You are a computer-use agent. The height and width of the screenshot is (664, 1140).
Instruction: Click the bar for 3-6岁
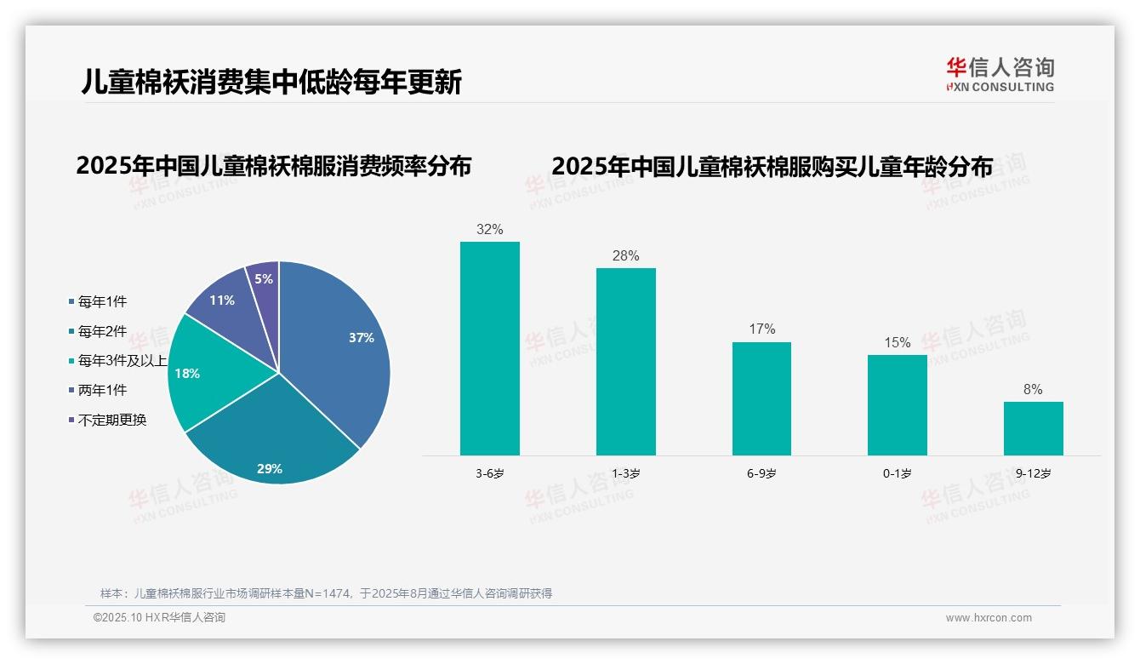pyautogui.click(x=490, y=348)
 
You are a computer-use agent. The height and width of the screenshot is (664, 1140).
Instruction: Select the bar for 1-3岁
pyautogui.click(x=625, y=362)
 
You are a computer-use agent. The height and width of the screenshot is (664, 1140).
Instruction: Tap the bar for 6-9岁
pyautogui.click(x=761, y=398)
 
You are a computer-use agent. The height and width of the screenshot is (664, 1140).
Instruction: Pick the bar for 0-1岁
pyautogui.click(x=897, y=404)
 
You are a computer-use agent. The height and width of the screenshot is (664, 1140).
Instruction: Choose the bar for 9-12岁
pyautogui.click(x=1033, y=428)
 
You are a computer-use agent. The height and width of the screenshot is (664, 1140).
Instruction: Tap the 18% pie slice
pyautogui.click(x=204, y=375)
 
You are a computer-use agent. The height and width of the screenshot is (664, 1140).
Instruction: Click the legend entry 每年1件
pyautogui.click(x=102, y=301)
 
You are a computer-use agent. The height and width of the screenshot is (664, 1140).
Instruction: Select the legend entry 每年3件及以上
pyautogui.click(x=120, y=361)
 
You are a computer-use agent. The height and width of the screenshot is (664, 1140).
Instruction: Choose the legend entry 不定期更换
pyautogui.click(x=111, y=420)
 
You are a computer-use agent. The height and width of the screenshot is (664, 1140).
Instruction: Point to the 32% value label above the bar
pyautogui.click(x=490, y=229)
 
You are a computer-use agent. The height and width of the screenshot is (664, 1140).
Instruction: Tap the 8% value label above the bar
pyautogui.click(x=1033, y=389)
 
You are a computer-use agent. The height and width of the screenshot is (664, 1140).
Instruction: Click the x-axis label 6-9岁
pyautogui.click(x=761, y=473)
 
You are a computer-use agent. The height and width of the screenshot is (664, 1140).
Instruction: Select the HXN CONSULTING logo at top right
pyautogui.click(x=1000, y=75)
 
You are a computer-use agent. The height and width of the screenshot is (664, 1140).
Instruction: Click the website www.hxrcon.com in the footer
pyautogui.click(x=989, y=618)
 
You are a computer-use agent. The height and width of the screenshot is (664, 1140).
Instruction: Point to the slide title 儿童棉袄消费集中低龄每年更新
pyautogui.click(x=271, y=82)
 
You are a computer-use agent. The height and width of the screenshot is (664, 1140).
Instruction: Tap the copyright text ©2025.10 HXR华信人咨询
pyautogui.click(x=159, y=618)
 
